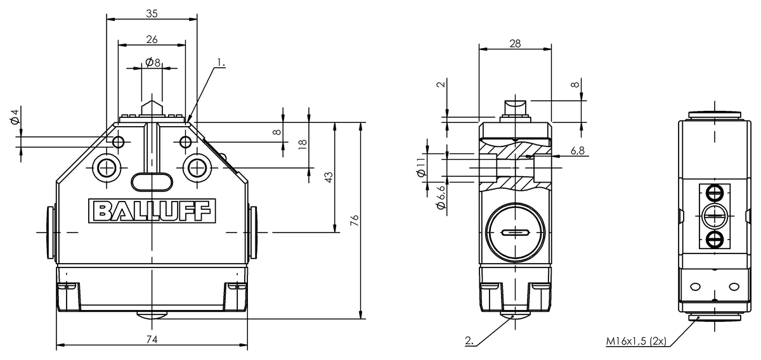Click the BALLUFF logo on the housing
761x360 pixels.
(152, 211)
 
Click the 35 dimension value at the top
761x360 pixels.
(152, 13)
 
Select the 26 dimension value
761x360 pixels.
(152, 40)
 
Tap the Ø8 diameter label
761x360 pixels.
(153, 63)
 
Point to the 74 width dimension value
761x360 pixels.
(152, 339)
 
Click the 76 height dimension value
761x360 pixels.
(354, 220)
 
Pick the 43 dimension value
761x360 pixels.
(328, 177)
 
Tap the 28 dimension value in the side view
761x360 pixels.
(515, 44)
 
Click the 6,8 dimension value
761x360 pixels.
(578, 151)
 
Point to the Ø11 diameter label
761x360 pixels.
(421, 167)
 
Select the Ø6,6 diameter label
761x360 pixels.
(441, 198)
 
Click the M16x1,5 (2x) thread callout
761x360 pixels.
(636, 341)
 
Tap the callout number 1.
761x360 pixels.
(221, 63)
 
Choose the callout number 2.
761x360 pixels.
(469, 340)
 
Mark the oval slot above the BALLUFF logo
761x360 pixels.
(152, 182)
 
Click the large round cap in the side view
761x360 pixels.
(515, 233)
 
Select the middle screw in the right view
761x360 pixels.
(715, 216)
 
